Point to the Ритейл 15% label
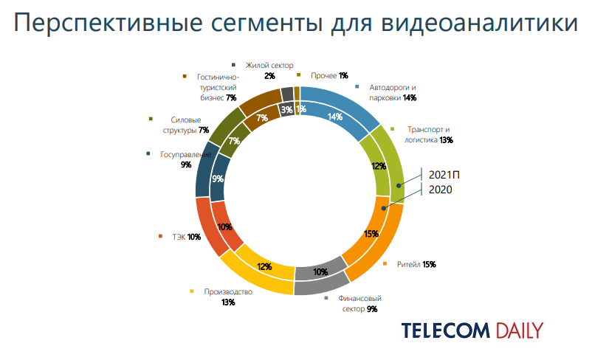[x=416, y=264]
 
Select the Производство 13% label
[x=227, y=297]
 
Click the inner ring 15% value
[x=371, y=234]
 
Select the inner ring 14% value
[x=334, y=117]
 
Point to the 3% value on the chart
[x=286, y=111]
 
